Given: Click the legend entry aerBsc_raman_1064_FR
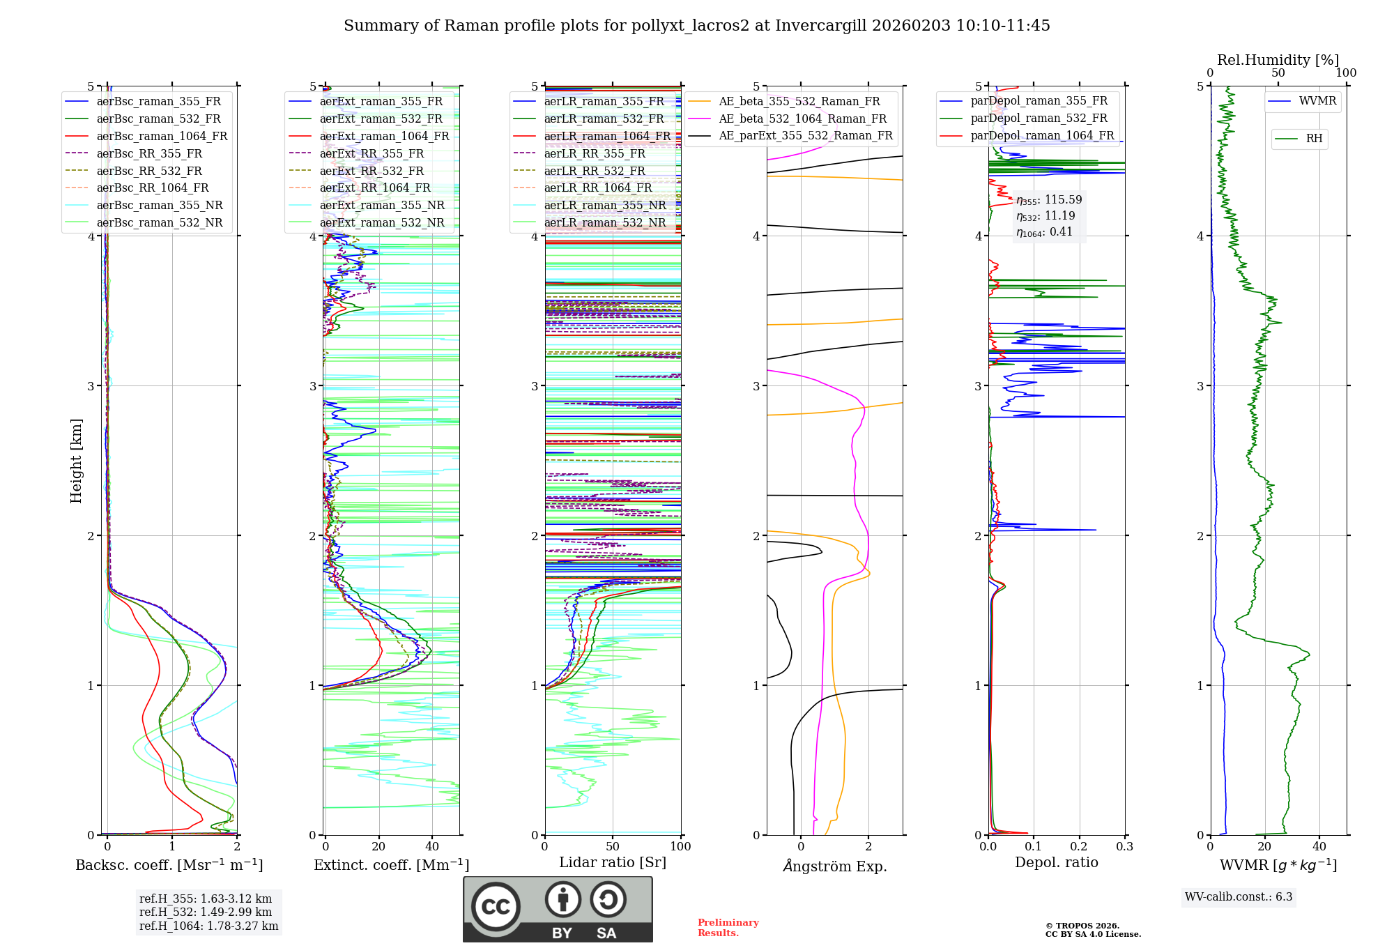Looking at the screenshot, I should pos(162,136).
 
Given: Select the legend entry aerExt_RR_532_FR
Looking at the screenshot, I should pos(372,171).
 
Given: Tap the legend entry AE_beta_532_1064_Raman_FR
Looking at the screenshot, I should pos(802,118).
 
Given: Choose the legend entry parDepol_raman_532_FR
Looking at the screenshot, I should pos(1039,118).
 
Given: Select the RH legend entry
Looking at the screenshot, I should pos(1314,139).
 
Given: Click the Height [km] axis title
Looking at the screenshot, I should pos(76,461).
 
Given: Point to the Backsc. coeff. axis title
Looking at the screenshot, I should pos(169,865).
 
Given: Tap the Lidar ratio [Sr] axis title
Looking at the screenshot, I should pos(613,862).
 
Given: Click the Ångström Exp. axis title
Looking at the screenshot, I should pos(835,866).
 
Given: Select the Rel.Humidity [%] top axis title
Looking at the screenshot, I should pos(1278,60).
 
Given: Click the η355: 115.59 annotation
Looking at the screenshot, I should pos(1049,200).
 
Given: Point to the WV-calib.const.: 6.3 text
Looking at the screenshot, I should pos(1239,897).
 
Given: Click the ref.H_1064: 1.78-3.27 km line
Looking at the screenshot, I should pos(208,926).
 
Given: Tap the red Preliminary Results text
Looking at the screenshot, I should pos(728,928).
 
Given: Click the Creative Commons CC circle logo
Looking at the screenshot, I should pos(496,906).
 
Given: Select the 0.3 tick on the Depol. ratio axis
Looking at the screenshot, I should pos(1124,847).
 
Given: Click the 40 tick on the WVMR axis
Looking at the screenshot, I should pos(1319,847).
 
